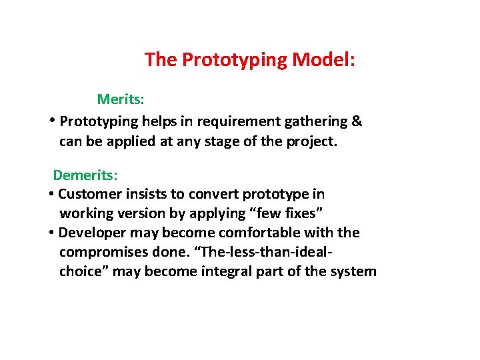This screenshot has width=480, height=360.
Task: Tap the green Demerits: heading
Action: [85, 175]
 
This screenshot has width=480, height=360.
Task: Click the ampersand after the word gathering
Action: [357, 121]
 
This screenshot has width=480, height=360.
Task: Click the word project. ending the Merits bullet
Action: [313, 141]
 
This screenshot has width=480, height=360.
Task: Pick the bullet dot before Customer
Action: [51, 195]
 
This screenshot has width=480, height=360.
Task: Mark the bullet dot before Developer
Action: [51, 233]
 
